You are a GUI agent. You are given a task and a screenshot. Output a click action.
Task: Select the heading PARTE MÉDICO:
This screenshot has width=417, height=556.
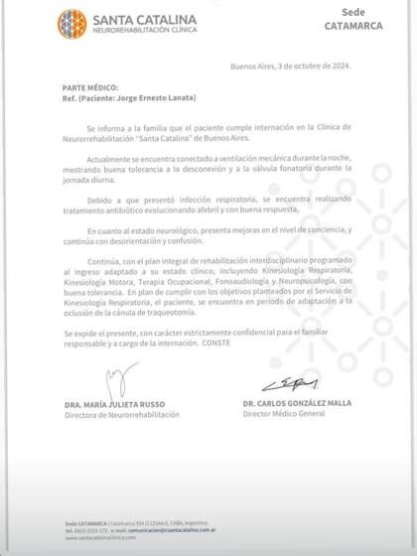[x=61, y=87]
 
